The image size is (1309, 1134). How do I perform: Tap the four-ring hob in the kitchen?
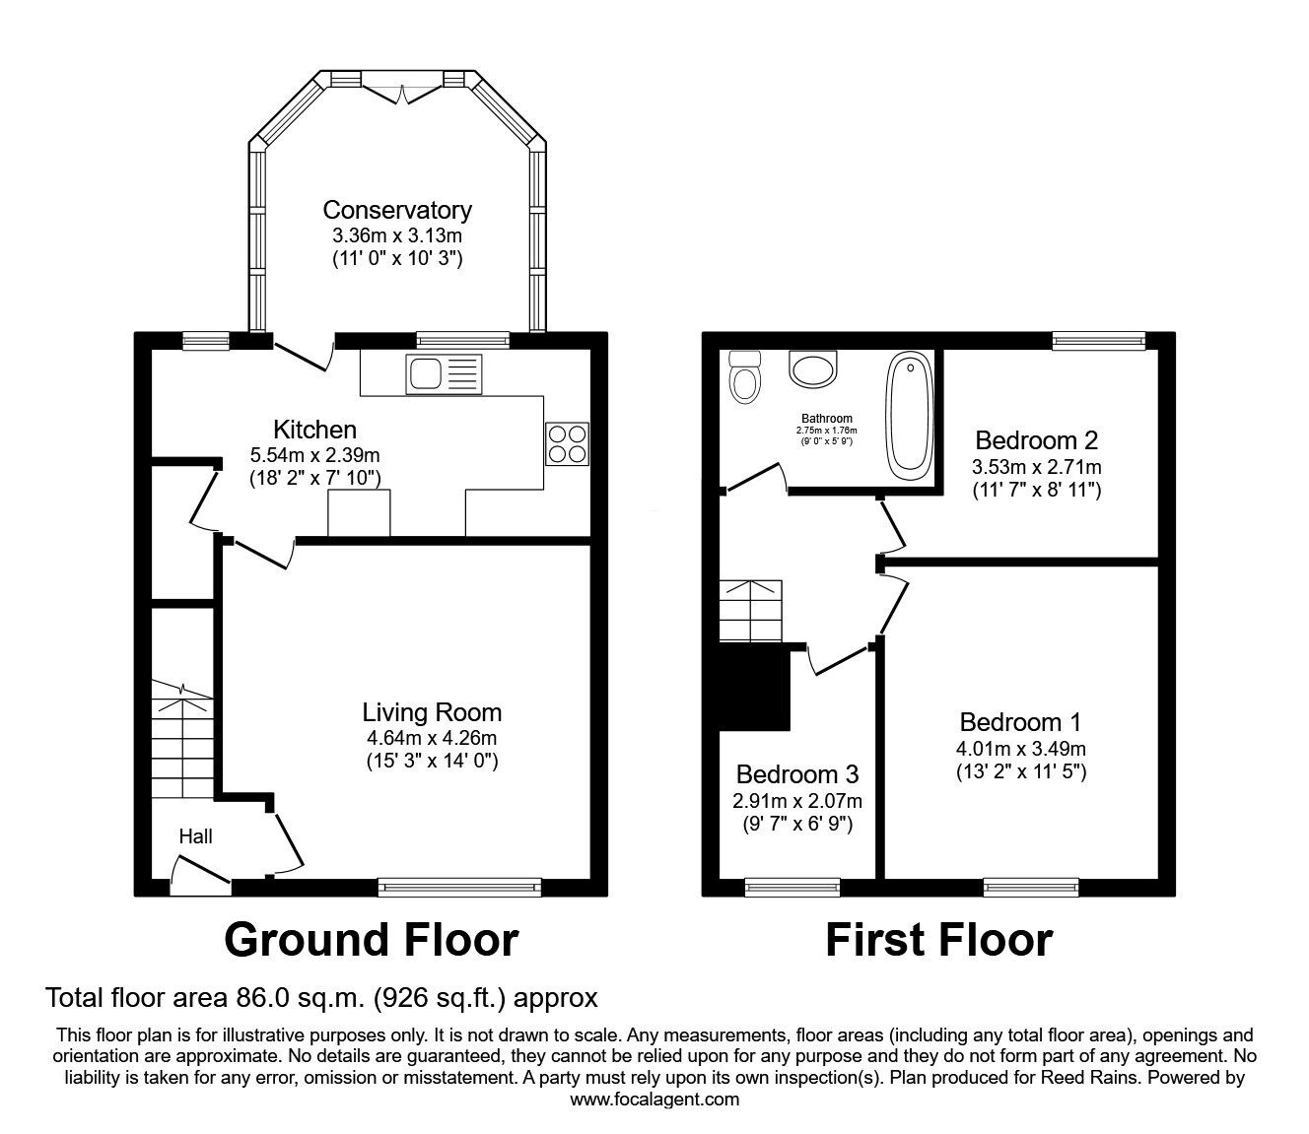point(567,442)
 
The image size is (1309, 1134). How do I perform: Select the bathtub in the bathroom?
point(909,415)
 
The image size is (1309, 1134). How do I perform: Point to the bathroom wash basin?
point(813,369)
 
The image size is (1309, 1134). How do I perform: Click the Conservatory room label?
point(397,210)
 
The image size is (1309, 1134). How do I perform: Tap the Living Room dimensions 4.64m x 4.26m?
point(432,737)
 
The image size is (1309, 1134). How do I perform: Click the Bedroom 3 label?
point(796,773)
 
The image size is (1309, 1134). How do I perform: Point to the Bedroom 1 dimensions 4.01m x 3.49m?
point(1021,749)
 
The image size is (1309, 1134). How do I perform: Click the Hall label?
point(195,836)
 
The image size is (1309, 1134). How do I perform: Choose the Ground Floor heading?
point(371,940)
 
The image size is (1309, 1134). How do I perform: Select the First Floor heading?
point(938,940)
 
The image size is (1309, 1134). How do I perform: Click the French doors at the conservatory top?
point(403,92)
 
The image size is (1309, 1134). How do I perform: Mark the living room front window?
point(460,887)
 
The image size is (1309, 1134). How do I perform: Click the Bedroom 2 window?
point(1098,341)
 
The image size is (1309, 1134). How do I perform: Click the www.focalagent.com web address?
point(654,1100)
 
